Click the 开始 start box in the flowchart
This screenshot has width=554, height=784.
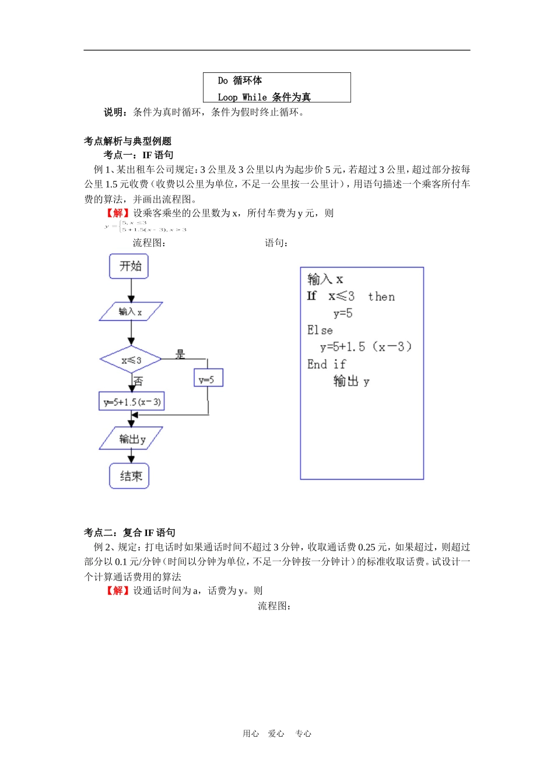coord(129,267)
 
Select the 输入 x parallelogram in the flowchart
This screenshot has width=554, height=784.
coord(131,311)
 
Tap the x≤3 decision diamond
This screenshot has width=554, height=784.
coord(131,360)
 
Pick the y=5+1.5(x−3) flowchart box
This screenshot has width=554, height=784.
coord(132,401)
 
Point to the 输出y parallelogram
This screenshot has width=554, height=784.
coord(131,439)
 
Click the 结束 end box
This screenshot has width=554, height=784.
coord(129,476)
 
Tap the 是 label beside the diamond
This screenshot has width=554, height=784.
coord(181,353)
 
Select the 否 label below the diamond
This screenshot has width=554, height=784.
coord(138,381)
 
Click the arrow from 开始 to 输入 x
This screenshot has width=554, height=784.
coord(131,290)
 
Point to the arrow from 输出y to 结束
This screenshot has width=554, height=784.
coord(131,456)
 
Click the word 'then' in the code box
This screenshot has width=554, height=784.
coord(381,297)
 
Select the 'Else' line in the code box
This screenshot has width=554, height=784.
coord(320,330)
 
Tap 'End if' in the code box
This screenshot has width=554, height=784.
coord(327,365)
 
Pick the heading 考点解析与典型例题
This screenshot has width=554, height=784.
coord(128,141)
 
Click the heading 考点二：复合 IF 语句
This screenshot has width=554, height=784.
coord(129,533)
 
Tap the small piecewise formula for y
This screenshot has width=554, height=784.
coord(146,226)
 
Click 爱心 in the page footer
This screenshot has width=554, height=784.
coord(276,734)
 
